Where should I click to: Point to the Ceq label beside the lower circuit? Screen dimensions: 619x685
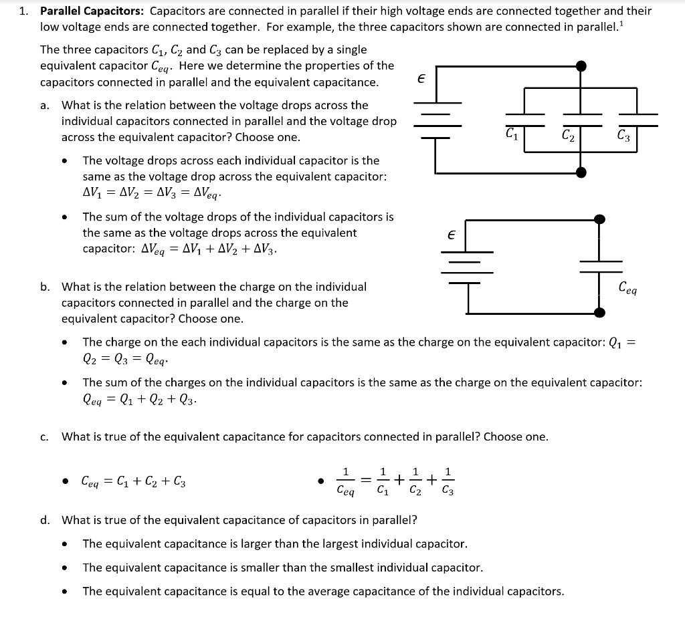point(628,289)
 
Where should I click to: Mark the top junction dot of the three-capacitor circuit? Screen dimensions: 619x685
point(581,66)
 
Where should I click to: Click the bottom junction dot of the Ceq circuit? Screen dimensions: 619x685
point(600,312)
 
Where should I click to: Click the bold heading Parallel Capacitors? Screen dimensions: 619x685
point(92,11)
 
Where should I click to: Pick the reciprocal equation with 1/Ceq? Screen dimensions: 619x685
point(395,481)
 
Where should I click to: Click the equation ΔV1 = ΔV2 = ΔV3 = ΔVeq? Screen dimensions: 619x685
point(151,193)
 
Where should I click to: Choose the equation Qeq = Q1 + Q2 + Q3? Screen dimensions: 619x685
point(139,400)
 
